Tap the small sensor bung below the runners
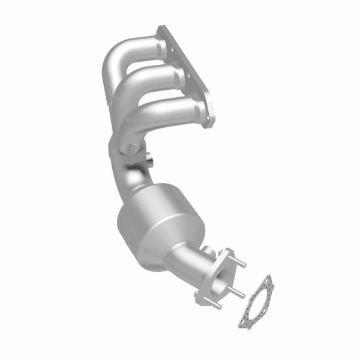pyautogui.click(x=149, y=160)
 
